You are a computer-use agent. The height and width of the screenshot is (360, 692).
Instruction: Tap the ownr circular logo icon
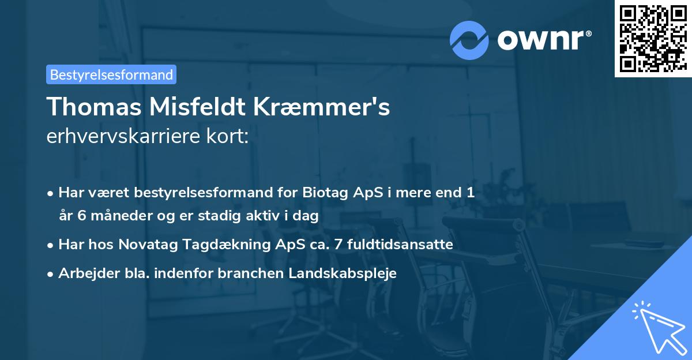[x=469, y=40]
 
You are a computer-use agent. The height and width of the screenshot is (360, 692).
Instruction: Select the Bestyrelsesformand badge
[x=111, y=74]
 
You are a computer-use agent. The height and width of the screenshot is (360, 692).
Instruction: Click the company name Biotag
[x=323, y=193]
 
